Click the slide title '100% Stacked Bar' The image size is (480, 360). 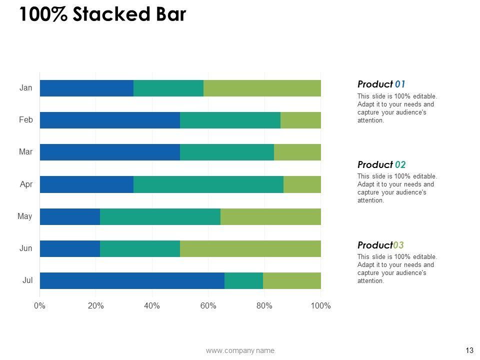pos(102,15)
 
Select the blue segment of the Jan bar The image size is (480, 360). pos(86,88)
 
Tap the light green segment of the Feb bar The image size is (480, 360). pos(300,120)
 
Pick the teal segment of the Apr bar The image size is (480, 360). pos(208,184)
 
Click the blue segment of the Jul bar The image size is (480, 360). pos(132,280)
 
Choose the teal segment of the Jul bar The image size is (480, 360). pos(243,280)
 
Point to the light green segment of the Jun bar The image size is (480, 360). pos(250,248)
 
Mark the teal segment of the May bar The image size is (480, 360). pos(160,216)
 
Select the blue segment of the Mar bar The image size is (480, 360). pos(109,152)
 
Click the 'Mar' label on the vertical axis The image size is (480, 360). pos(25,152)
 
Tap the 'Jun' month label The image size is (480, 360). pos(26,248)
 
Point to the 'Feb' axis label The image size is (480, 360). pos(26,120)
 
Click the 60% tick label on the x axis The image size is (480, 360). pos(208,306)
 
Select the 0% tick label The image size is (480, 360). pos(40,306)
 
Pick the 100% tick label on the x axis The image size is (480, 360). pos(320,306)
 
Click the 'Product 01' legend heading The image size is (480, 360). pos(381,84)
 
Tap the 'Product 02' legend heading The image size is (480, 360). pos(381,164)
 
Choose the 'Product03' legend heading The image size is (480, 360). pos(380,245)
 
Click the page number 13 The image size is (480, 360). pos(469,350)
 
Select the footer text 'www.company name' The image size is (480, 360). pos(240,350)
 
